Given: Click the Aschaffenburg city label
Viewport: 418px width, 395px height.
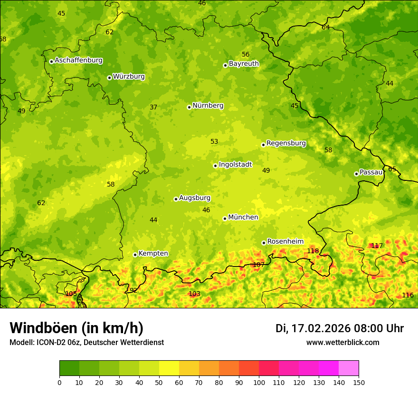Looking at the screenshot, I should pyautogui.click(x=78, y=60).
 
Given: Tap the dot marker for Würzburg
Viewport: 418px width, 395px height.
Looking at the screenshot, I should pyautogui.click(x=109, y=78).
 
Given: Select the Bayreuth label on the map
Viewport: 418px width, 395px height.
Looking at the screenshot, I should pyautogui.click(x=244, y=64).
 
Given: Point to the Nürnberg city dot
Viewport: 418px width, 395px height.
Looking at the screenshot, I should pyautogui.click(x=189, y=107).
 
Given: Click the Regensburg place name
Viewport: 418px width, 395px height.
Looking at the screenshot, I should pyautogui.click(x=286, y=143).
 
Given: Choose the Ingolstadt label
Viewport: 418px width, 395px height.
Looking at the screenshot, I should pyautogui.click(x=235, y=165).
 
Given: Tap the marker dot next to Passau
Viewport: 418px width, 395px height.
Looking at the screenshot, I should pyautogui.click(x=356, y=174).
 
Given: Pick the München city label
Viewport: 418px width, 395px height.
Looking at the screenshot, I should pyautogui.click(x=243, y=217).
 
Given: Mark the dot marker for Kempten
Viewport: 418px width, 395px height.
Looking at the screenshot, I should pyautogui.click(x=135, y=255).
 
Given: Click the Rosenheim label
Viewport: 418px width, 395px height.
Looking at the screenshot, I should pyautogui.click(x=285, y=242).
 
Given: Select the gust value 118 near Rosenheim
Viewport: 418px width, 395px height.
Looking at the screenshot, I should pyautogui.click(x=313, y=251).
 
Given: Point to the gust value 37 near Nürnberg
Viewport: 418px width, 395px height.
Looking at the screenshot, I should pyautogui.click(x=153, y=107).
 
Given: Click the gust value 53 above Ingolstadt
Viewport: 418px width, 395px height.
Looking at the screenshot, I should pyautogui.click(x=214, y=141).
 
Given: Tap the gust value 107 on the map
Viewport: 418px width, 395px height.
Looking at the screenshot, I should pyautogui.click(x=258, y=265).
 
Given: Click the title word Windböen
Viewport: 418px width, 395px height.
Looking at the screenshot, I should pyautogui.click(x=43, y=328).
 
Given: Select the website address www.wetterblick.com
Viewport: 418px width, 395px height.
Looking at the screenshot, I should pyautogui.click(x=342, y=343).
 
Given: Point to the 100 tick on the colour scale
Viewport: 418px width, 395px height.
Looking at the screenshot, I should pyautogui.click(x=259, y=382).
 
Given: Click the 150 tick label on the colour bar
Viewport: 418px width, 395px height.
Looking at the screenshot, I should pyautogui.click(x=359, y=382).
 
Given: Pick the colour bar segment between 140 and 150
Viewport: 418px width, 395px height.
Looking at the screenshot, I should pyautogui.click(x=349, y=368).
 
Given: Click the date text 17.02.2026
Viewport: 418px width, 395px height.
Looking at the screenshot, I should pyautogui.click(x=321, y=328).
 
